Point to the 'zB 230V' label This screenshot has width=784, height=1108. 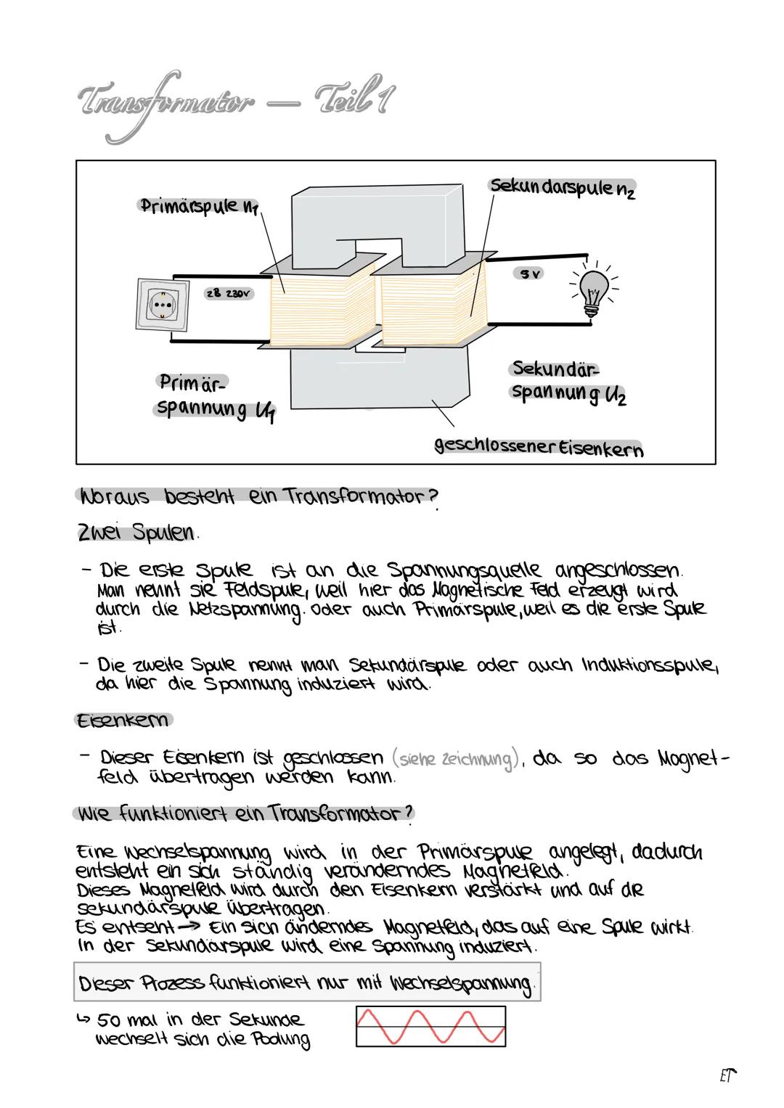[229, 295]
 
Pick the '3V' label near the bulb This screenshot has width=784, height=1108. [529, 274]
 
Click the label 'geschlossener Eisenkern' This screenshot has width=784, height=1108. [538, 447]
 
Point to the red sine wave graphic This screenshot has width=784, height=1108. [430, 1026]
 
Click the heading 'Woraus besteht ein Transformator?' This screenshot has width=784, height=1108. [258, 497]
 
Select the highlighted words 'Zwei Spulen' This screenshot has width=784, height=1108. [136, 533]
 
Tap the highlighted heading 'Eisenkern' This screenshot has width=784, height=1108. [123, 720]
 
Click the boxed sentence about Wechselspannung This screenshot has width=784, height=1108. [307, 984]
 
